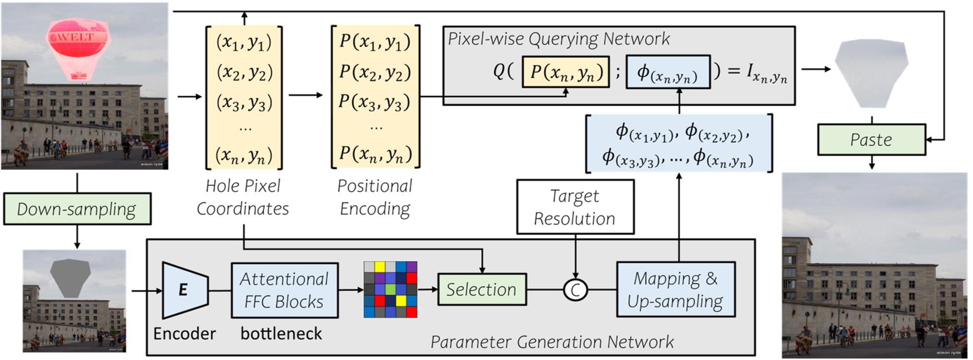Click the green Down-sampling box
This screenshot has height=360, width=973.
[x=77, y=209]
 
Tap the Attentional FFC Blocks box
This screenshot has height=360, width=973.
[x=284, y=290]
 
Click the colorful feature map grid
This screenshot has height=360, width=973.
[x=390, y=289]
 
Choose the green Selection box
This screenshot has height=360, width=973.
[x=482, y=289]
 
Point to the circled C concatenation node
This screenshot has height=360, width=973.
[x=575, y=290]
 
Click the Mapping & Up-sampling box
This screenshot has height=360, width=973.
[x=675, y=290]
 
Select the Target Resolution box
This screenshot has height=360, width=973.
[x=575, y=207]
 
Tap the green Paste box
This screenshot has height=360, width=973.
[x=871, y=139]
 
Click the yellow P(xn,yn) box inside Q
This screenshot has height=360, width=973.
[x=565, y=72]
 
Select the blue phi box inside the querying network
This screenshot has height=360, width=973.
[x=668, y=72]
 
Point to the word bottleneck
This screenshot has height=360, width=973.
[x=281, y=333]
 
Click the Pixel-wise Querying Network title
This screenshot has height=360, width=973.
[x=559, y=39]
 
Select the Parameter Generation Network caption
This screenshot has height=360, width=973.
[x=552, y=342]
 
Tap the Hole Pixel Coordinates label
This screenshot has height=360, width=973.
[x=243, y=197]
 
